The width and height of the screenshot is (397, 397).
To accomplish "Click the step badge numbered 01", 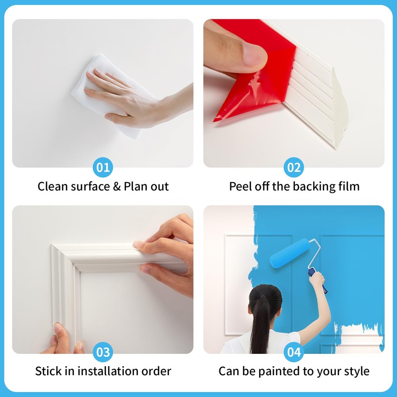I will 103,167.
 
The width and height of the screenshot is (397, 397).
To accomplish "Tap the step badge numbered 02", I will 294,167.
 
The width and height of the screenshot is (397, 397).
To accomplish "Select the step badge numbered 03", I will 103,352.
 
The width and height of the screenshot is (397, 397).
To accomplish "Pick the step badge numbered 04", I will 294,352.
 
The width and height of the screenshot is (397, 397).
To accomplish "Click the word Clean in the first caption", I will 53,187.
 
